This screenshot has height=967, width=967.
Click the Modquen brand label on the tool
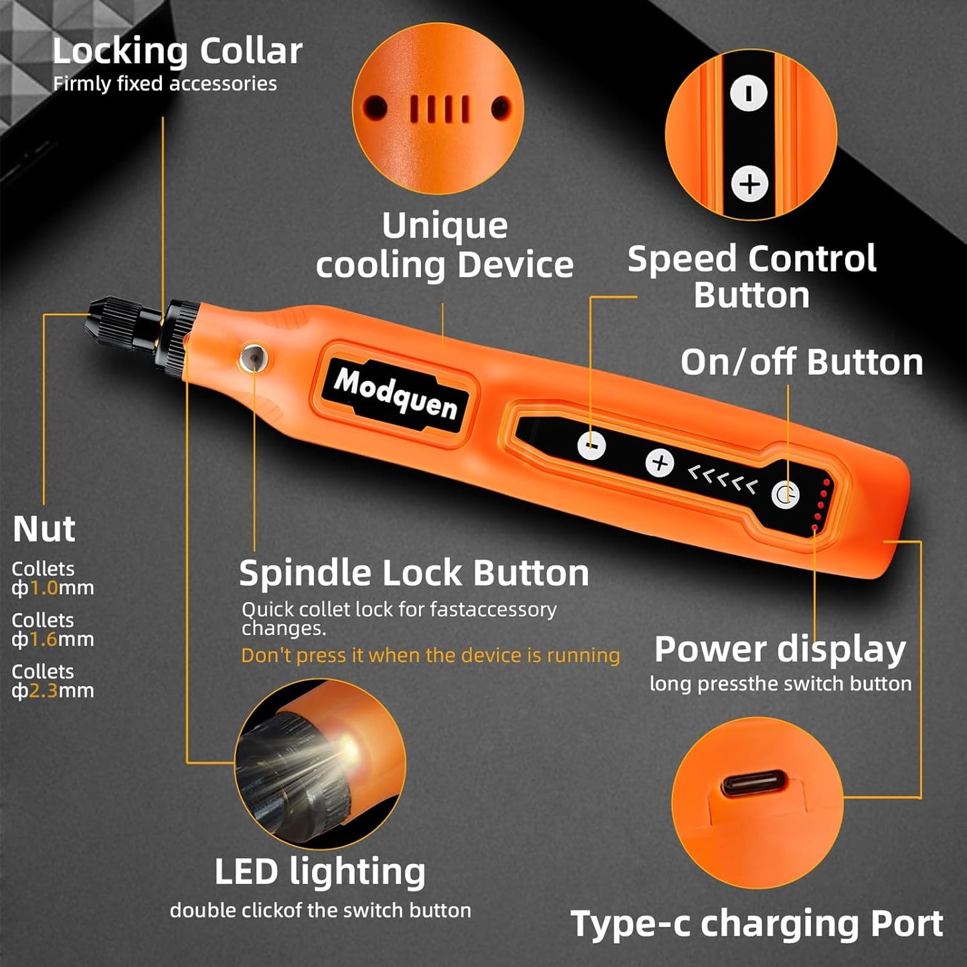[x=395, y=393]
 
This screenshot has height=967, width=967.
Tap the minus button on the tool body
[x=592, y=445]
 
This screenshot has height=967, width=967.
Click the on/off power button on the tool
[x=785, y=495]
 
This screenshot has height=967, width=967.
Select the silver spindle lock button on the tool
[x=253, y=357]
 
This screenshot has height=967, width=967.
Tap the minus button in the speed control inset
[x=748, y=92]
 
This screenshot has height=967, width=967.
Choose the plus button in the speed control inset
[x=749, y=183]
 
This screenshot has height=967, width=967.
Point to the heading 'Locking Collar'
[x=177, y=52]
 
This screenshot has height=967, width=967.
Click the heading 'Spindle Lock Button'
[x=414, y=574]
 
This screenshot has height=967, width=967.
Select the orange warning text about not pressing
[x=430, y=655]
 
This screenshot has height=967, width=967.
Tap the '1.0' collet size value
[x=44, y=588]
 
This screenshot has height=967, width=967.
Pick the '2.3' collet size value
[x=44, y=691]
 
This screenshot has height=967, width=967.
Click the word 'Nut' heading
[x=43, y=529]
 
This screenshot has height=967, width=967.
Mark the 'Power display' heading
[x=780, y=649]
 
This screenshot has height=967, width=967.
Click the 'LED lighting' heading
[x=320, y=872]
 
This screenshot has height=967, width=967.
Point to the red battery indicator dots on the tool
[x=820, y=505]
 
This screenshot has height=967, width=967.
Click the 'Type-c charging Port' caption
[x=756, y=924]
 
